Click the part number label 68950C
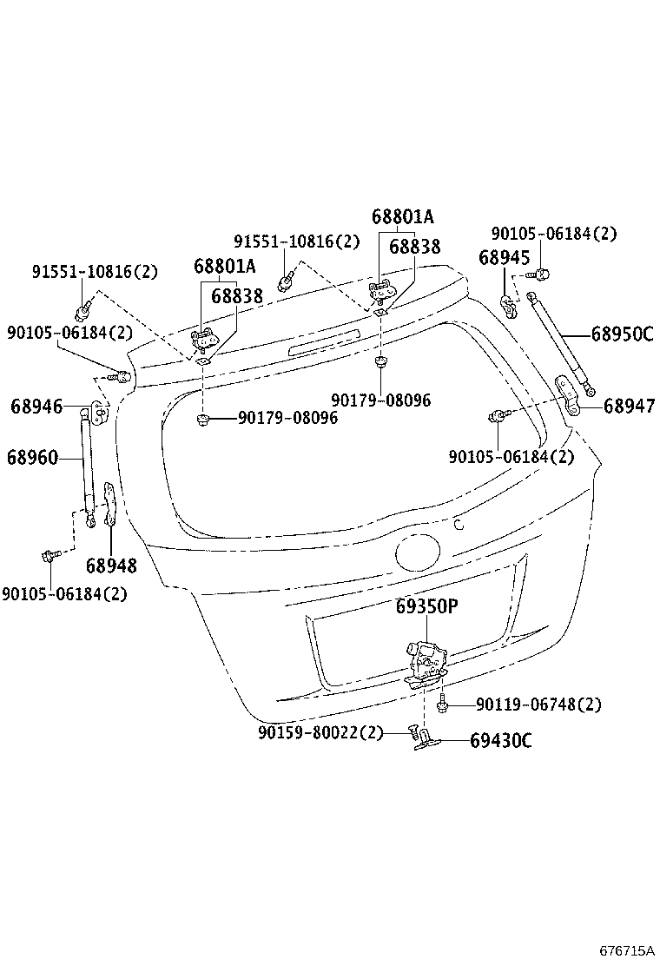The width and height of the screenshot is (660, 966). pos(622,334)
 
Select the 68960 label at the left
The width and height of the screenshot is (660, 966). pos(34,457)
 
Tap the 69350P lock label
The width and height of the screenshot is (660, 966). pos(426,607)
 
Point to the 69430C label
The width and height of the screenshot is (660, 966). pos(500,740)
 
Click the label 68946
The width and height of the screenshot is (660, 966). pos(36,406)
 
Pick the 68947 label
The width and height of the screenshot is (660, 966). pos(629,406)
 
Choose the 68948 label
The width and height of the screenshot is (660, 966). pos(111,566)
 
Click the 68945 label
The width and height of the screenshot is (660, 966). pos(504,257)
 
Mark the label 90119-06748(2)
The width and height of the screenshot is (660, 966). pos(538,705)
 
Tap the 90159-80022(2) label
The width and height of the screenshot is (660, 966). pos(320,733)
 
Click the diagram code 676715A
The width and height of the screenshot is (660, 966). pos(626,951)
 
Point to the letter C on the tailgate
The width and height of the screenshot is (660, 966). pos(459,523)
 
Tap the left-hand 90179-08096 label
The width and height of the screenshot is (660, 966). pos(287,418)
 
